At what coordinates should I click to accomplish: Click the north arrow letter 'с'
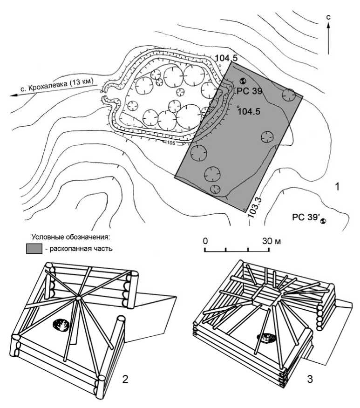pos(328,17)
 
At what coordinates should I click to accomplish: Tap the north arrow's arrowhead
pos(328,25)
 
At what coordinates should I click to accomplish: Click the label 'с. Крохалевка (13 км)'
pos(57,86)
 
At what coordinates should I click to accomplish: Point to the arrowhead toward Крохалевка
pos(14,95)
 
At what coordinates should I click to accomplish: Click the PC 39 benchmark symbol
pos(243,81)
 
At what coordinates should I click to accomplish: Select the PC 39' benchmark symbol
pos(324,221)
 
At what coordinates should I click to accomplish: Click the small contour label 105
pos(170,143)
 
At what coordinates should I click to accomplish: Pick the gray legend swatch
pos(34,249)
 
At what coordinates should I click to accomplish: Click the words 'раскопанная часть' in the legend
pos(81,249)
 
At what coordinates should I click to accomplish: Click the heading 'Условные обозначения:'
pos(71,237)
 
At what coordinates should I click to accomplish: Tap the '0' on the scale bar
pos(205,241)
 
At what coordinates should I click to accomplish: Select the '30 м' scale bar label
pos(272,241)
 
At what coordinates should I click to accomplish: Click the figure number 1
pos(337,187)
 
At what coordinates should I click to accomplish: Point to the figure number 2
pos(125,379)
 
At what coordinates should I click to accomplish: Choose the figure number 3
pos(310,379)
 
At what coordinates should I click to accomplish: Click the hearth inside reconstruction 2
pos(61,325)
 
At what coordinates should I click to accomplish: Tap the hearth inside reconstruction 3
pos(266,338)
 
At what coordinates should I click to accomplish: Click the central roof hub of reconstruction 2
pos(78,298)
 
